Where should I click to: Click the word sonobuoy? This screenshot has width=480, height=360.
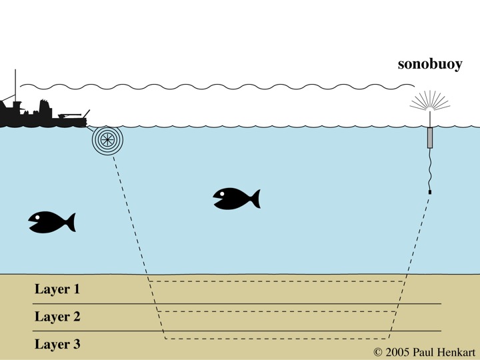tap(430, 65)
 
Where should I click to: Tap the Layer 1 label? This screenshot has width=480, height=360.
tap(57, 289)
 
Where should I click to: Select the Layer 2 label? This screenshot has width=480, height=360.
tap(57, 317)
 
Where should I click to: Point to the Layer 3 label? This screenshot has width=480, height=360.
tap(57, 344)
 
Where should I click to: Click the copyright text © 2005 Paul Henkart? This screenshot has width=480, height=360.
tap(424, 351)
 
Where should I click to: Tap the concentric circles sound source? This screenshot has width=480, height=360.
tap(107, 140)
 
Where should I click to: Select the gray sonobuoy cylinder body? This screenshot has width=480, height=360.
tap(430, 137)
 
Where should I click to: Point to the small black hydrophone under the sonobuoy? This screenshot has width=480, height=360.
tap(430, 193)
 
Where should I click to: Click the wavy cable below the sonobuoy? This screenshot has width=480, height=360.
tap(430, 170)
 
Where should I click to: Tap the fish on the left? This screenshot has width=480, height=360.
tap(51, 222)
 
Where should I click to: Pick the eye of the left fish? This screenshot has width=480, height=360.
tap(38, 217)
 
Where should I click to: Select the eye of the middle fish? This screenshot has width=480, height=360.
tap(223, 193)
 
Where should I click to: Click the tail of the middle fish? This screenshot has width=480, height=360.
tap(253, 199)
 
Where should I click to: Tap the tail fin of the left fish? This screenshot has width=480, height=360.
tap(69, 222)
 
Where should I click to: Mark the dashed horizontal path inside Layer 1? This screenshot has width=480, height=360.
tap(277, 281)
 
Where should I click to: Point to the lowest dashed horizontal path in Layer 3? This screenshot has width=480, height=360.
tap(277, 339)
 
